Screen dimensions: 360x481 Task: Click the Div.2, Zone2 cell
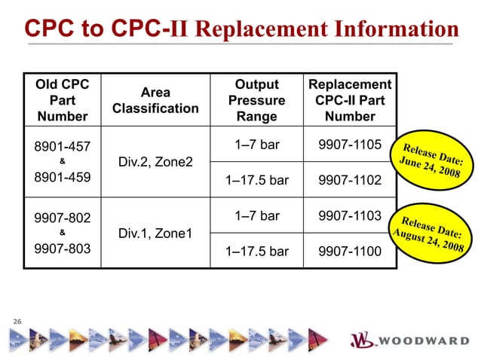tap(155, 162)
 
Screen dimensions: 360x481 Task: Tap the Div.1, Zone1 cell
tap(155, 233)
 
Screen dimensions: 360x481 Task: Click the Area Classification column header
tap(155, 100)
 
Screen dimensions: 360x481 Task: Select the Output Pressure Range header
tap(256, 100)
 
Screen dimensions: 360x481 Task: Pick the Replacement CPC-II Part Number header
tap(350, 100)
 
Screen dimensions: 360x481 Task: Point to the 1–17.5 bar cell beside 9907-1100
tap(256, 252)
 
